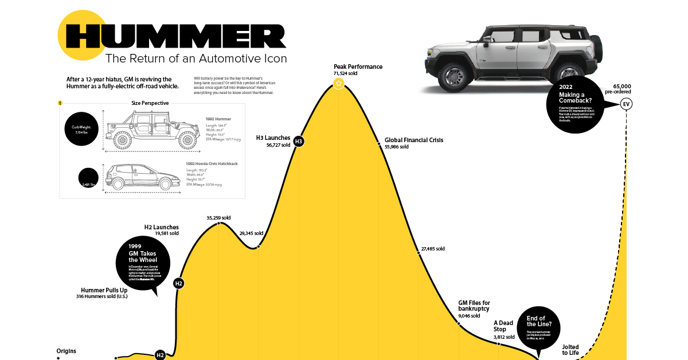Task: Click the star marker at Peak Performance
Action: click(339, 84)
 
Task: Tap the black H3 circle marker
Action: click(299, 142)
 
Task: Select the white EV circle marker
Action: click(626, 104)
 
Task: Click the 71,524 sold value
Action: click(345, 74)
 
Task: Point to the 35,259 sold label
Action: click(218, 218)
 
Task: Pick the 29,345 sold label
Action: click(251, 233)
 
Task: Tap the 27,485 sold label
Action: click(433, 249)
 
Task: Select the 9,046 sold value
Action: click(469, 316)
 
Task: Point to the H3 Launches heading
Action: click(273, 138)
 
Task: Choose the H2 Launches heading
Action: click(161, 227)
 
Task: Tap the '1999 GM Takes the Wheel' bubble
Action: click(143, 263)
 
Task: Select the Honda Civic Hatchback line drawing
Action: click(141, 177)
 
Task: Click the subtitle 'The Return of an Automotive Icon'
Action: click(196, 58)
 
